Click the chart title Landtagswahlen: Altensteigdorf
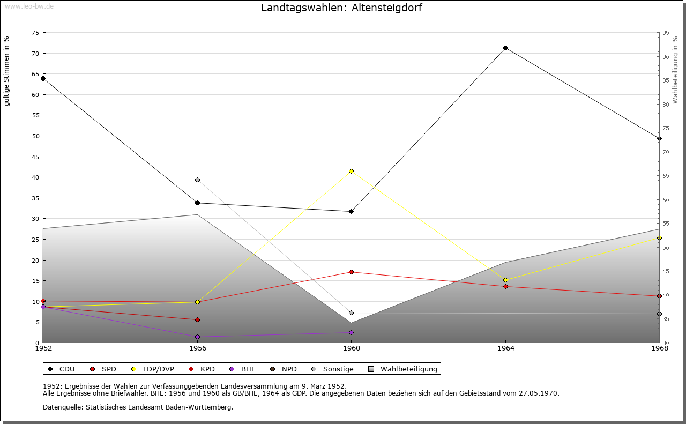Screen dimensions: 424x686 coord(341,8)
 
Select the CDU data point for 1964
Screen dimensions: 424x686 coord(505,48)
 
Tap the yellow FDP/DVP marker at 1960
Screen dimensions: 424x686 coord(351,171)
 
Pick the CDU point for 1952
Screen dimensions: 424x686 coord(43,78)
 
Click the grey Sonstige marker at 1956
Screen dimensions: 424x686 coord(197,180)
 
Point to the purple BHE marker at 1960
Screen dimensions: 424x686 coord(351,332)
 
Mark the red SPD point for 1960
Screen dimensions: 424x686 coord(351,272)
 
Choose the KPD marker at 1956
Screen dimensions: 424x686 coord(197,319)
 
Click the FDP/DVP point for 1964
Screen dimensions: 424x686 coord(505,280)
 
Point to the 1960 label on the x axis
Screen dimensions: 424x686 coord(351,348)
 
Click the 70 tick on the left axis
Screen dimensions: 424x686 coord(35,53)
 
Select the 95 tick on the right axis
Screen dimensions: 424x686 coord(666,33)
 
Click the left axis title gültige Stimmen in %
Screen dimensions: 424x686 coord(6,71)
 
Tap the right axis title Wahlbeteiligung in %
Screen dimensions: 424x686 coord(675,70)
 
